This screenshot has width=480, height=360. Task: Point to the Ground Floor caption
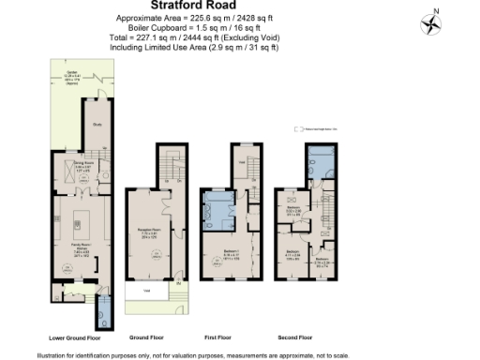click(146, 337)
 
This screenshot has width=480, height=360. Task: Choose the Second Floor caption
click(296, 337)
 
